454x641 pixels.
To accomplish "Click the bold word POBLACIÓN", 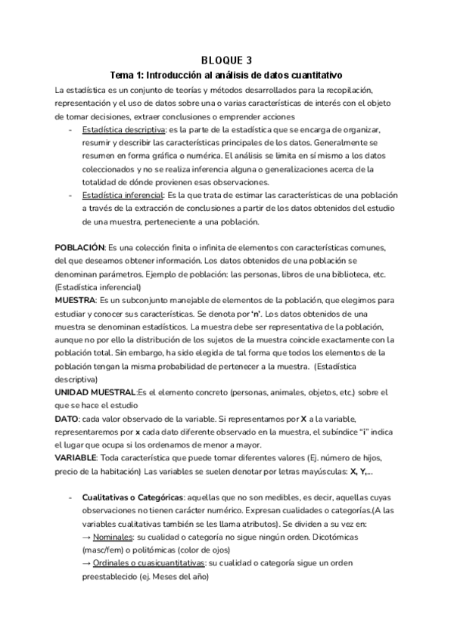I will (x=79, y=249).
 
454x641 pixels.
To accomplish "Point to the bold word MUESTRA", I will (x=75, y=300).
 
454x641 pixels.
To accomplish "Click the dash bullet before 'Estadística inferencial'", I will (x=70, y=194).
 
